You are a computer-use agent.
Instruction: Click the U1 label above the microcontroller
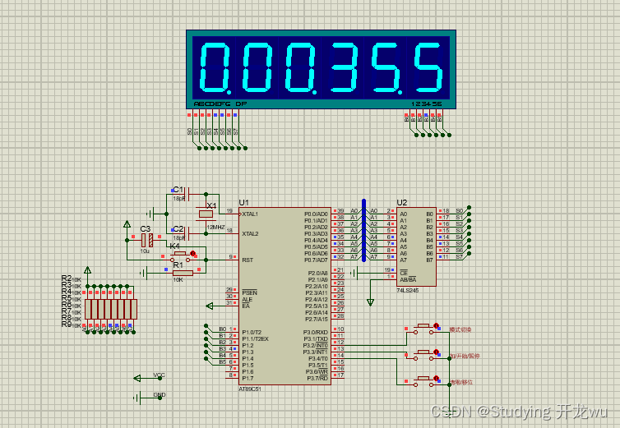pos(243,202)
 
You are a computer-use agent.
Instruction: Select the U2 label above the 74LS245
pos(401,202)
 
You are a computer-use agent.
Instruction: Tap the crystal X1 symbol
pos(206,215)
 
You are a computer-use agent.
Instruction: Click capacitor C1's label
pos(178,190)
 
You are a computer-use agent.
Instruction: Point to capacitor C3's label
pos(145,229)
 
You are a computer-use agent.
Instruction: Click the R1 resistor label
pos(178,265)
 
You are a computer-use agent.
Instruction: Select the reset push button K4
pos(182,255)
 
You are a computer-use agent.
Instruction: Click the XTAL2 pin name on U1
pos(250,233)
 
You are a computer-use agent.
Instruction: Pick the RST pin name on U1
pos(247,260)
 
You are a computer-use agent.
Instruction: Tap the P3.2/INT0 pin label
pos(316,345)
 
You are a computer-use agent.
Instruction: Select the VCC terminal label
pos(160,375)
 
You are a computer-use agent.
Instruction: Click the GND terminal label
pos(160,394)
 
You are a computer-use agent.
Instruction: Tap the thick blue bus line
pos(363,230)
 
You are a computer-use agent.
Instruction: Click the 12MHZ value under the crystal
pos(216,226)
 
